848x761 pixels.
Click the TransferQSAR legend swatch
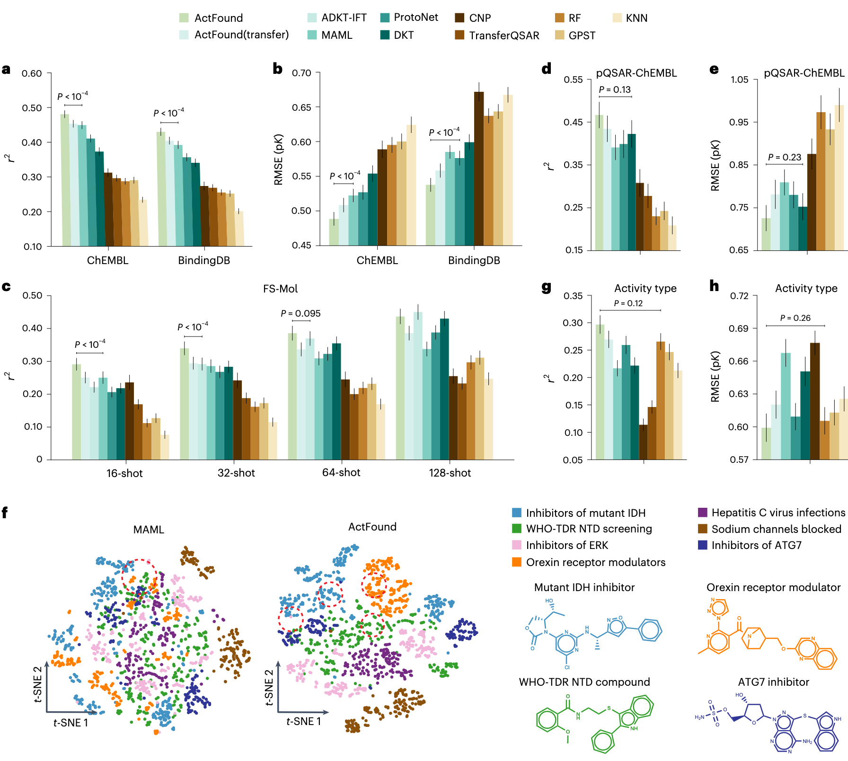(x=459, y=35)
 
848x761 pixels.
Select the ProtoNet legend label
(x=416, y=18)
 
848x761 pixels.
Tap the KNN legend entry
(x=636, y=18)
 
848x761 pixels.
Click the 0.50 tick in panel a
(x=32, y=108)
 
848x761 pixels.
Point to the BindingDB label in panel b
(x=474, y=260)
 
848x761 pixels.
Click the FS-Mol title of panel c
(x=280, y=289)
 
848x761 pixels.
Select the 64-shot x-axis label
(x=341, y=472)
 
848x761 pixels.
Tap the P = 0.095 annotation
(x=300, y=313)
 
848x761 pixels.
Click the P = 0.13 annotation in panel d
(x=615, y=89)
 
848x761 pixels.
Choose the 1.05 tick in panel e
(x=739, y=80)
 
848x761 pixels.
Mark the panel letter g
(x=547, y=287)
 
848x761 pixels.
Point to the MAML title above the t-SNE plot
(x=149, y=530)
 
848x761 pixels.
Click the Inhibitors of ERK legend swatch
(x=517, y=545)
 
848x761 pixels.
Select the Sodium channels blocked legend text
(x=776, y=529)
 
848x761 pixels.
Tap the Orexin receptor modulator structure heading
(x=773, y=587)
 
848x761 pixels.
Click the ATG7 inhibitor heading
(x=773, y=682)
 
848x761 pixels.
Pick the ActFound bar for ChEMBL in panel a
(x=65, y=180)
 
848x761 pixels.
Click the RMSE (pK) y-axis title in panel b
(x=278, y=159)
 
